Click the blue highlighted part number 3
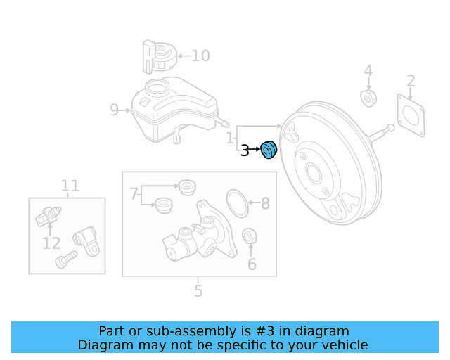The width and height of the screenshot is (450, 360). (269, 150)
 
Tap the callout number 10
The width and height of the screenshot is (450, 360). (200, 56)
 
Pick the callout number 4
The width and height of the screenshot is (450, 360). (368, 70)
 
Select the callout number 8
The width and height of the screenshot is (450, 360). (265, 204)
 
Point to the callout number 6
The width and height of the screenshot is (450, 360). (252, 264)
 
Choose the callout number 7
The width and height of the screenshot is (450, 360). (134, 192)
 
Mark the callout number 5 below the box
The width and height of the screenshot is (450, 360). (198, 290)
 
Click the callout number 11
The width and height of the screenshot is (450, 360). (70, 186)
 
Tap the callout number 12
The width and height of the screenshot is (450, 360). (51, 243)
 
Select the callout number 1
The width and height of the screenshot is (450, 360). (231, 139)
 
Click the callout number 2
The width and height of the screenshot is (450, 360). (411, 81)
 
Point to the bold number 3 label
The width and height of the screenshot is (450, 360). (245, 150)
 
